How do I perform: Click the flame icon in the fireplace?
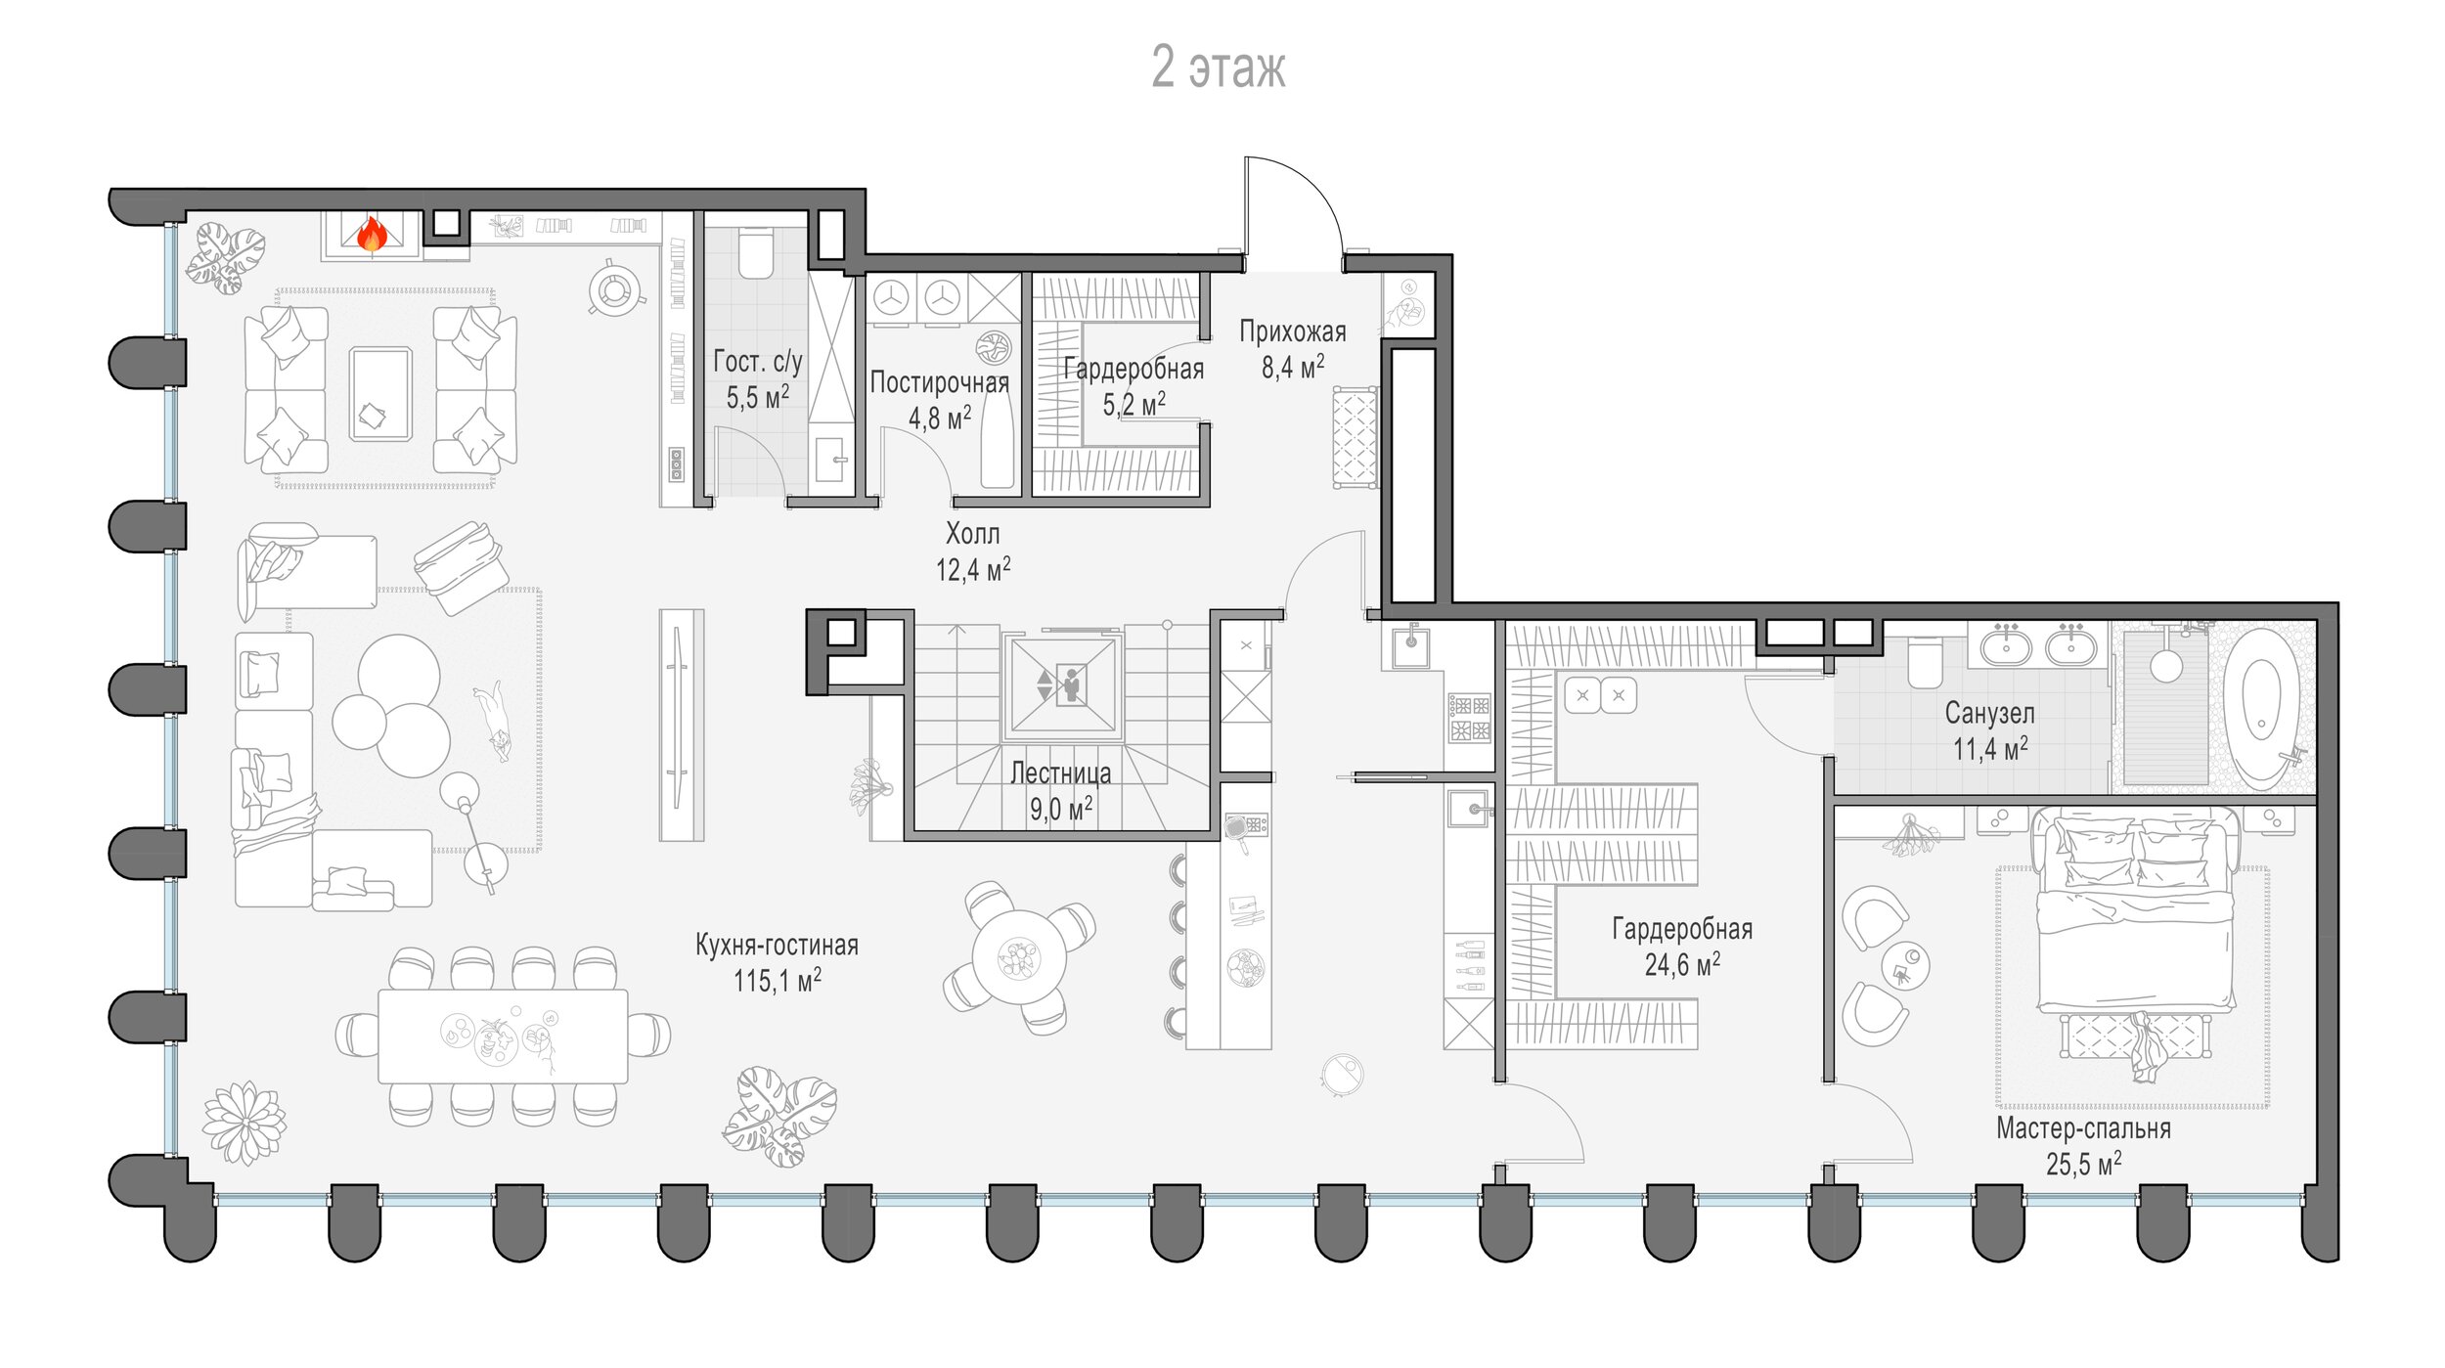(372, 235)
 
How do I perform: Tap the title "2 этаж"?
(1219, 66)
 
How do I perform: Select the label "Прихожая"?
(1293, 331)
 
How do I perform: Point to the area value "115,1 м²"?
(778, 980)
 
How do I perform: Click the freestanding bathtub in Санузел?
(2260, 709)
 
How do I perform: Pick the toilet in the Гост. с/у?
(755, 253)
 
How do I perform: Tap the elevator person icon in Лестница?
(1072, 684)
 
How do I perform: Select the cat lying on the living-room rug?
(493, 721)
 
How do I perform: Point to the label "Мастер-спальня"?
(2083, 1128)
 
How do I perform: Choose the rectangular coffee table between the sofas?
(380, 394)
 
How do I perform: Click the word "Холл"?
(973, 534)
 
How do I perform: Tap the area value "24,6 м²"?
(1682, 965)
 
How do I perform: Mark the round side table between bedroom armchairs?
(1905, 967)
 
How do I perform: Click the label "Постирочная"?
(939, 382)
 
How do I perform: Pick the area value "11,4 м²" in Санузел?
(1990, 749)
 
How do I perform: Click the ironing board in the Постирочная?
(998, 438)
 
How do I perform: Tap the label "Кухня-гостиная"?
(778, 945)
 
